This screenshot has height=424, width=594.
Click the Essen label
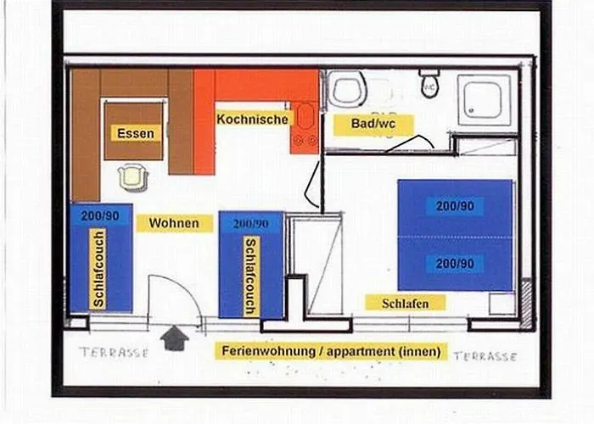tap(136, 133)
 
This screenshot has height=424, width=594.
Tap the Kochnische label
tap(252, 120)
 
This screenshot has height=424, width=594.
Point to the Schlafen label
tap(405, 303)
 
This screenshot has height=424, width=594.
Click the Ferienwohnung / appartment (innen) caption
tap(332, 350)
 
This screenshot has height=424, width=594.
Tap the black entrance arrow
tap(174, 338)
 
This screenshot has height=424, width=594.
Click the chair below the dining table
tap(133, 176)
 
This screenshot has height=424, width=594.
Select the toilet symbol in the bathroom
tap(429, 83)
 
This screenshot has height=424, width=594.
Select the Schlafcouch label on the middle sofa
tap(250, 276)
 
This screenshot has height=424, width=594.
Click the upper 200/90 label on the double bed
tap(455, 205)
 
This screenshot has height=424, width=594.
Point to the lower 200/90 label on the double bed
tap(455, 264)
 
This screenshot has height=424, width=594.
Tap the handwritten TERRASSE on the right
tap(485, 356)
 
